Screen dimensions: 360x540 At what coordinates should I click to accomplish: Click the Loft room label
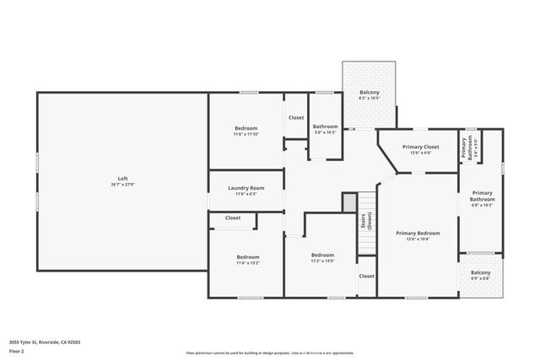tap(122, 180)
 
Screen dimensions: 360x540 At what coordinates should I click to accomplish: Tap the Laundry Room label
tap(246, 191)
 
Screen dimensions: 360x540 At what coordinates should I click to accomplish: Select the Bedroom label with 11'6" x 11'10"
tap(246, 130)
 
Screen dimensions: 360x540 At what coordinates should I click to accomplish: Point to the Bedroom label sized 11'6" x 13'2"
tap(247, 259)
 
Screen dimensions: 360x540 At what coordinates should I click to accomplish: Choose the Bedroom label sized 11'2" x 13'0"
tap(322, 257)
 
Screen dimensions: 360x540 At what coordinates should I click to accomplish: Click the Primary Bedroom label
tap(418, 235)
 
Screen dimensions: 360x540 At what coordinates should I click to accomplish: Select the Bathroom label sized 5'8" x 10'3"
tap(325, 128)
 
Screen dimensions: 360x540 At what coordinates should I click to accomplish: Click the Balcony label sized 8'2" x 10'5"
tap(369, 94)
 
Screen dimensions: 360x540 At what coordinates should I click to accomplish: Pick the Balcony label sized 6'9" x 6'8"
tap(480, 275)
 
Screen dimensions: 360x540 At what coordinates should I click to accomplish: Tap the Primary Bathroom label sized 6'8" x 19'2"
tap(481, 198)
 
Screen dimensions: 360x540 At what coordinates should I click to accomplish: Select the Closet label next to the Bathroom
tap(295, 118)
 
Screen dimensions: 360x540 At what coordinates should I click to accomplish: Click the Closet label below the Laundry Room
tap(232, 218)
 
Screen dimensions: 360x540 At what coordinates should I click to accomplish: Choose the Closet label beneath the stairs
tap(366, 276)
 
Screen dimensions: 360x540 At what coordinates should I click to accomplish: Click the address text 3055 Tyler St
tap(45, 342)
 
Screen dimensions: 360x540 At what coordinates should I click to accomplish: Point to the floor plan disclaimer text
tap(269, 352)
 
